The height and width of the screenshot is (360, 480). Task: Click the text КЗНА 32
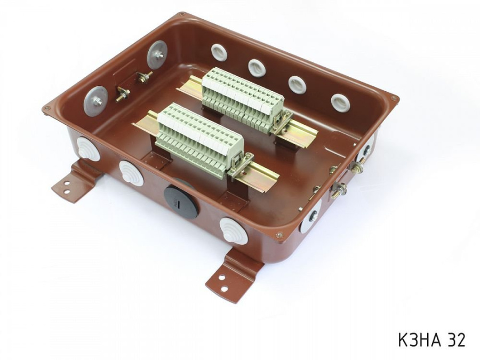pos(431,339)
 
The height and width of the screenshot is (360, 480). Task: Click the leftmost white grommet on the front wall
pos(88,149)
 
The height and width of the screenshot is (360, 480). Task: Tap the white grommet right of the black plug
pos(234,230)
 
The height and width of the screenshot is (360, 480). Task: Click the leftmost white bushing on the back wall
pos(218,52)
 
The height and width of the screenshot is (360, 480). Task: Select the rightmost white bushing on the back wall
pos(340,103)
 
